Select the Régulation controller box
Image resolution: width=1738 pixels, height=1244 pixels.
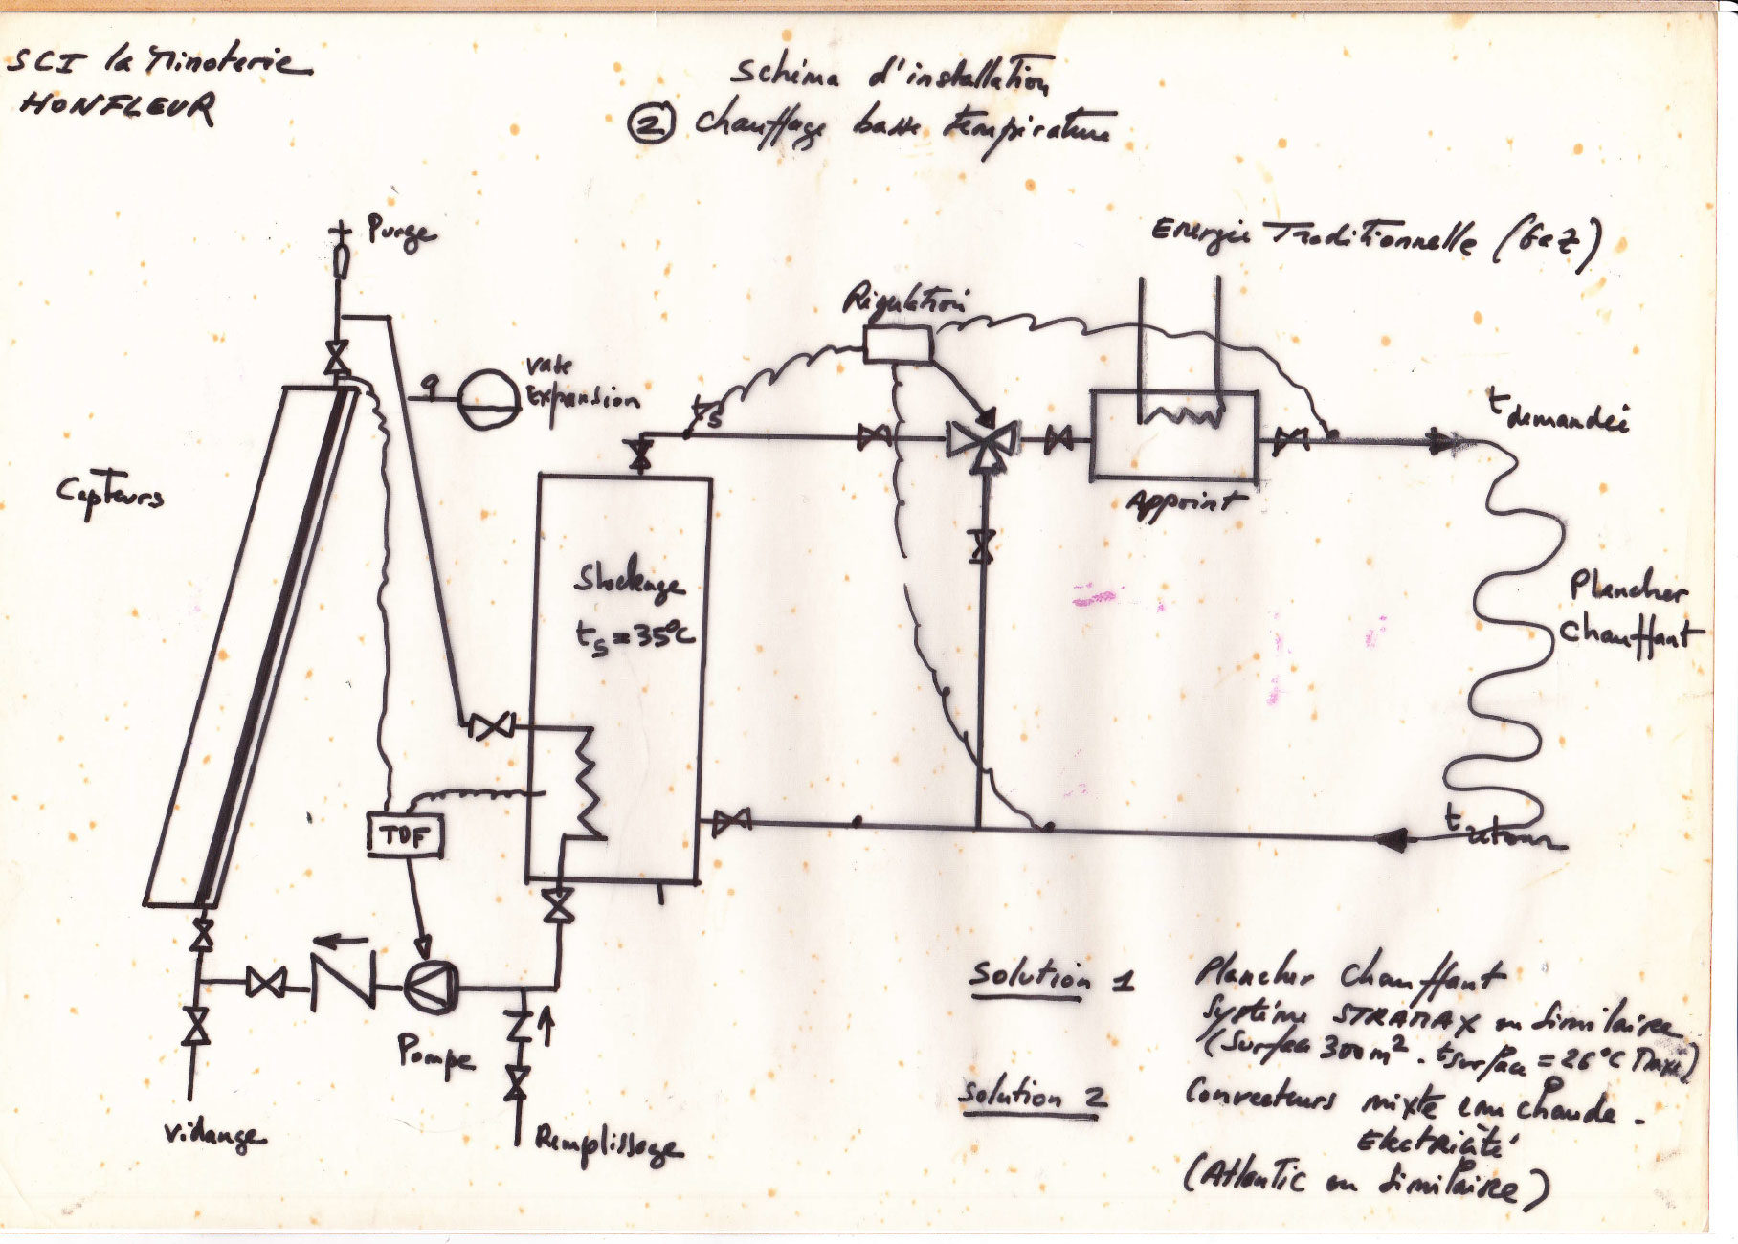coord(897,344)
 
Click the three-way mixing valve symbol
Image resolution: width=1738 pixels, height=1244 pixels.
coord(981,441)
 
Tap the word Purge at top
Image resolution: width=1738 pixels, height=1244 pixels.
coord(401,233)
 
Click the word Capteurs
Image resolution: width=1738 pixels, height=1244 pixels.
coord(109,495)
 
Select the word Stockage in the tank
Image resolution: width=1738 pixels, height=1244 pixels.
coord(628,581)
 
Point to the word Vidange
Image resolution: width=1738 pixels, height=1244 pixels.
coord(213,1136)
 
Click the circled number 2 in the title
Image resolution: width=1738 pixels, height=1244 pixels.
coord(652,124)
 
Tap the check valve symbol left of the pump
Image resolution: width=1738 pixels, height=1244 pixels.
coord(343,983)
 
